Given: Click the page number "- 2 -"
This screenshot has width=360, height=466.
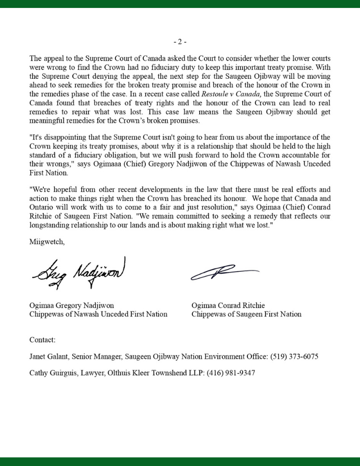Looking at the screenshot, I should [x=180, y=42].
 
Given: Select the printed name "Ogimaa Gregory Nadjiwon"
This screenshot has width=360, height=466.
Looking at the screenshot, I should [x=72, y=305].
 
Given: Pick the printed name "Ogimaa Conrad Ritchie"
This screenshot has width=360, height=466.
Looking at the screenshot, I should [x=228, y=305].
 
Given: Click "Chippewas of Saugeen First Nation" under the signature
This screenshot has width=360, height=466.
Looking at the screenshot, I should [x=246, y=314].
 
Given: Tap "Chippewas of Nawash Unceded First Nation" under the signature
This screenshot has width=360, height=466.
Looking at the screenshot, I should [x=98, y=314].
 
